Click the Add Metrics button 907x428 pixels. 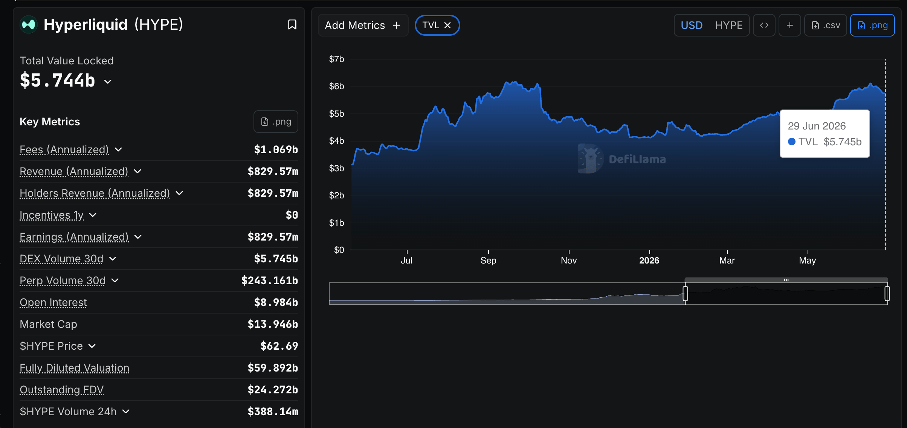pyautogui.click(x=363, y=25)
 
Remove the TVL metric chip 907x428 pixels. pyautogui.click(x=447, y=25)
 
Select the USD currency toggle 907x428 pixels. pyautogui.click(x=692, y=25)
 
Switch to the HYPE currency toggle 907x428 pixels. pyautogui.click(x=729, y=25)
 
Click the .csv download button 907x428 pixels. pyautogui.click(x=826, y=25)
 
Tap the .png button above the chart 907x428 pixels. pyautogui.click(x=872, y=25)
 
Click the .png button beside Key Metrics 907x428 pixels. pyautogui.click(x=276, y=122)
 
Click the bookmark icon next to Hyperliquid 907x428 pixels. pyautogui.click(x=292, y=24)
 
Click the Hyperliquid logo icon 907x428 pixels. pyautogui.click(x=29, y=24)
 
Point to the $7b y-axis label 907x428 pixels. pyautogui.click(x=336, y=59)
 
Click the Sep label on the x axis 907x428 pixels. pyautogui.click(x=488, y=260)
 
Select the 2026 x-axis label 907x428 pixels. pyautogui.click(x=649, y=260)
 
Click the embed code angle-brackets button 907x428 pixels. pyautogui.click(x=764, y=25)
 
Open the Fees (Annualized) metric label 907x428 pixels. pyautogui.click(x=64, y=149)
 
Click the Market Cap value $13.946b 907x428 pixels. pyautogui.click(x=273, y=324)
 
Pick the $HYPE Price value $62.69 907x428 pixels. pyautogui.click(x=279, y=346)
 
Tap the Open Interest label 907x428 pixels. pyautogui.click(x=53, y=302)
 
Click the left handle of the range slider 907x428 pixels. pyautogui.click(x=685, y=293)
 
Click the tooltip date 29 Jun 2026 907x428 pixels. pyautogui.click(x=817, y=126)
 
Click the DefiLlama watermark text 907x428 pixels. pyautogui.click(x=637, y=159)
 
